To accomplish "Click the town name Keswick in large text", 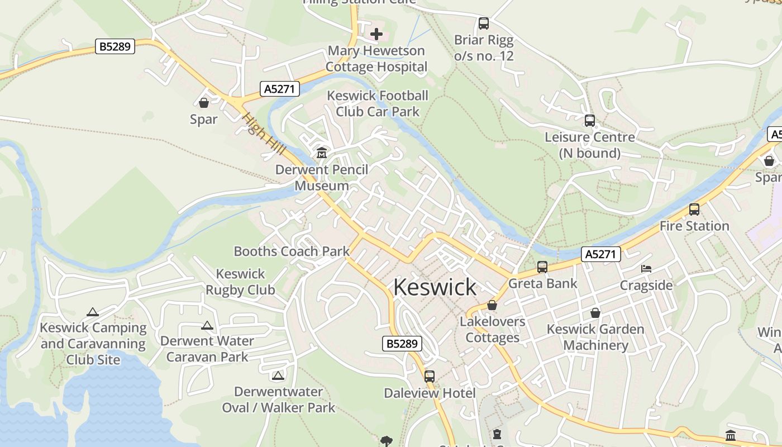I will pyautogui.click(x=435, y=287).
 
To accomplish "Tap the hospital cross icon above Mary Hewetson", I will pyautogui.click(x=376, y=34).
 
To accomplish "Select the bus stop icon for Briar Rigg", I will pyautogui.click(x=484, y=23).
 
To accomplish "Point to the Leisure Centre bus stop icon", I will pyautogui.click(x=589, y=120).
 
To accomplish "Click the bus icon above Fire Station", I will pyautogui.click(x=694, y=210).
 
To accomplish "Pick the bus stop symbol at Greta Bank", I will pyautogui.click(x=542, y=267).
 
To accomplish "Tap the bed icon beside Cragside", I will pyautogui.click(x=646, y=269).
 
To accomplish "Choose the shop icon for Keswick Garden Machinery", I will pyautogui.click(x=595, y=313).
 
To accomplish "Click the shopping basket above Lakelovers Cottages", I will pyautogui.click(x=492, y=305).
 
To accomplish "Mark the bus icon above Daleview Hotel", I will pyautogui.click(x=429, y=376).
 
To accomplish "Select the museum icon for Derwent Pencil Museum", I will pyautogui.click(x=322, y=153).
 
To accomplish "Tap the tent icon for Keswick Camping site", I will pyautogui.click(x=93, y=312).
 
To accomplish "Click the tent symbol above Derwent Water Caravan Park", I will pyautogui.click(x=207, y=325).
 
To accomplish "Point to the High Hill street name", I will pyautogui.click(x=264, y=134).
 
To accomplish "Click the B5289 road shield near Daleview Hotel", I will pyautogui.click(x=402, y=344).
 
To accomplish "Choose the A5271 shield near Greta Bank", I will pyautogui.click(x=601, y=254).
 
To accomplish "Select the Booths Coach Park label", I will pyautogui.click(x=292, y=251).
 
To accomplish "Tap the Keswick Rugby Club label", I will pyautogui.click(x=240, y=282).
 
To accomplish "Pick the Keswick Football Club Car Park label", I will pyautogui.click(x=378, y=103).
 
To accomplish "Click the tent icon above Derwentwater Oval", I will pyautogui.click(x=278, y=375).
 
